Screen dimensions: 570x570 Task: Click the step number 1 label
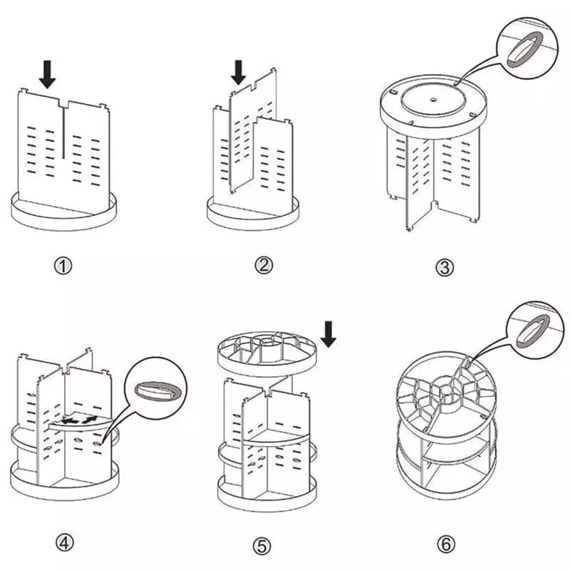tap(64, 266)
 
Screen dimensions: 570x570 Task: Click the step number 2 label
tap(264, 266)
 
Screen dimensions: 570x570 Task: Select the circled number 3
tap(444, 268)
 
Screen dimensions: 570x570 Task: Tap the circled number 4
tap(65, 543)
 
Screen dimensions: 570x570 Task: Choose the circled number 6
tap(445, 545)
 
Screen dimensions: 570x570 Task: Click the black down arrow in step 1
tap(48, 74)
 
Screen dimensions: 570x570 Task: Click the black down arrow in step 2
tap(239, 71)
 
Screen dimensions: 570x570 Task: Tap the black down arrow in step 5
tap(328, 333)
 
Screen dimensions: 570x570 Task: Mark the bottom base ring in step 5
tap(264, 492)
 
